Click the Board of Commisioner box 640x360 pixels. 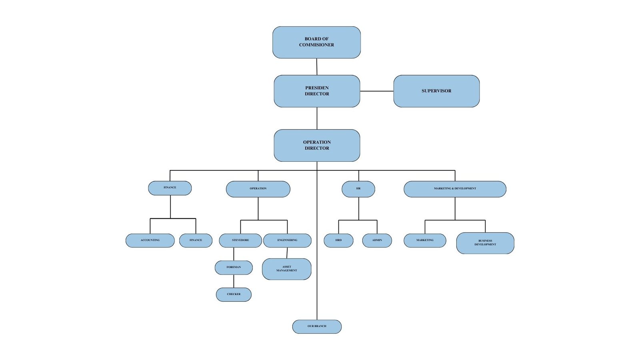click(x=316, y=42)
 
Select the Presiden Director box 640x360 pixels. click(x=317, y=91)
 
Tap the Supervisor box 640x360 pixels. click(x=436, y=91)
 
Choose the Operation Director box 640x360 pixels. click(x=317, y=145)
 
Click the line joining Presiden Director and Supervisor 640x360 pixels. click(x=376, y=91)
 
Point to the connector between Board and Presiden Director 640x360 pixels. click(x=317, y=67)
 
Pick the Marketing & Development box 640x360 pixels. click(x=455, y=189)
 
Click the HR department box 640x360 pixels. click(x=358, y=189)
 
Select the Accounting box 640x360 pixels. click(x=150, y=240)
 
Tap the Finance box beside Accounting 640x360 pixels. click(x=196, y=240)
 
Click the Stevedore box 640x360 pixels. click(x=240, y=240)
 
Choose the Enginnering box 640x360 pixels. click(x=287, y=240)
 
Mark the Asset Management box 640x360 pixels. click(x=286, y=269)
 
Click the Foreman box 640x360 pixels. click(x=234, y=267)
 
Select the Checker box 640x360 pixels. click(x=234, y=294)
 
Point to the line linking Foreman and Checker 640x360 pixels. click(x=234, y=281)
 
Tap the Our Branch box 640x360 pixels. click(x=317, y=326)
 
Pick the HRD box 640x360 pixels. click(x=338, y=240)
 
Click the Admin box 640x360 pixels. click(x=377, y=240)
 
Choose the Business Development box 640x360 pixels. click(x=485, y=243)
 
